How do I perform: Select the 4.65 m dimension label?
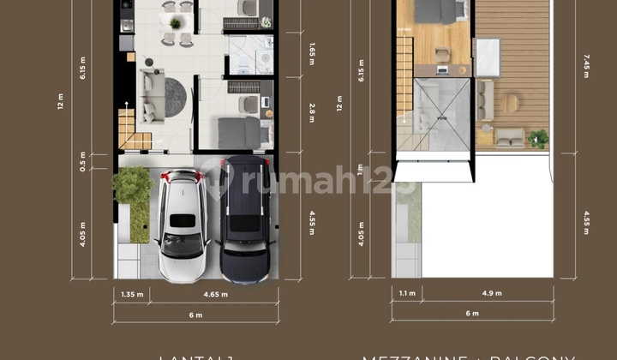click(x=215, y=294)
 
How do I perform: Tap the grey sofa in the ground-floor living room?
click(x=153, y=94)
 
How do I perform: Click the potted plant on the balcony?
click(x=539, y=137)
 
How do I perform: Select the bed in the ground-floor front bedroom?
click(x=239, y=133)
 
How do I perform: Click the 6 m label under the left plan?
click(x=195, y=315)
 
